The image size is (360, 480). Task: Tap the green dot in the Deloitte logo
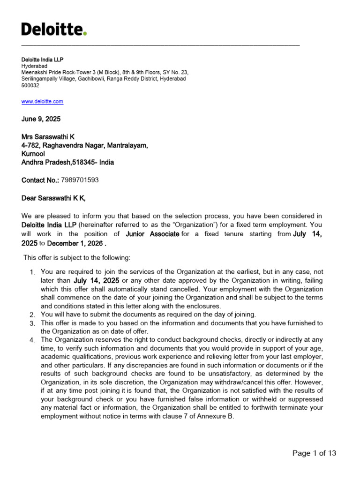pos(85,34)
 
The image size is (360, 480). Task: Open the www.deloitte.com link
pos(42,101)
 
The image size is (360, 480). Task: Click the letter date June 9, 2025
pos(41,119)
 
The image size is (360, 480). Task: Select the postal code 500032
pos(30,86)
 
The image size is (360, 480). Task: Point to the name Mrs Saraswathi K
pos(48,137)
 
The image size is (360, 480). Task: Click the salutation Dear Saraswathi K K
pos(53,198)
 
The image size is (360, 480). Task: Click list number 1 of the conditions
pos(32,272)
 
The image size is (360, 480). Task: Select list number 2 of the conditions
pos(32,315)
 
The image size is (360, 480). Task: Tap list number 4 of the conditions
pos(32,340)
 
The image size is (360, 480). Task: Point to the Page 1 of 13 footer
pos(314,453)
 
